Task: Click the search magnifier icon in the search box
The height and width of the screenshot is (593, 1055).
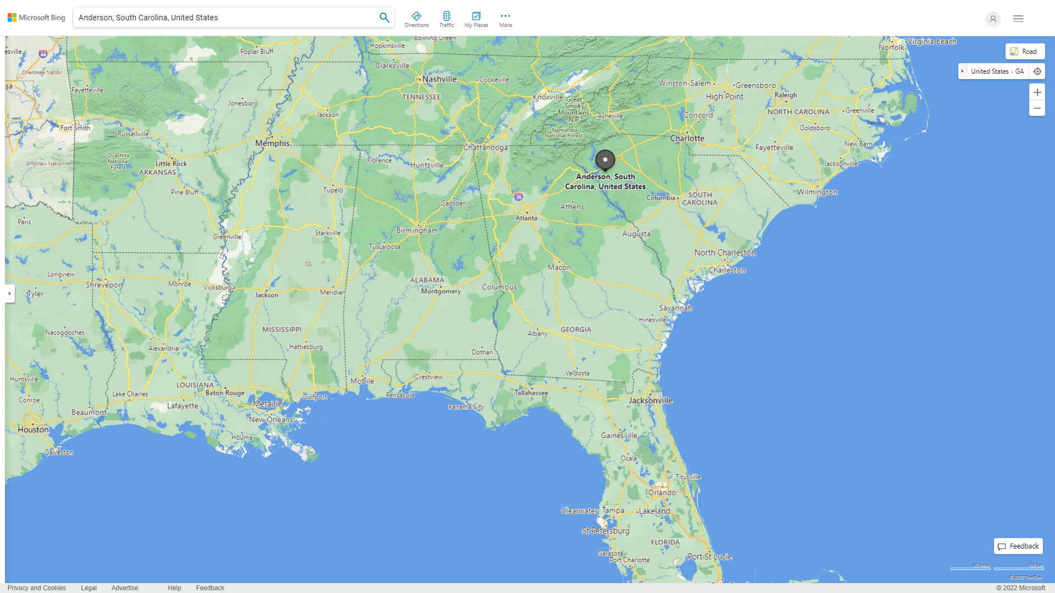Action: (384, 18)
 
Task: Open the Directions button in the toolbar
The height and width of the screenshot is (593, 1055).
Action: (417, 19)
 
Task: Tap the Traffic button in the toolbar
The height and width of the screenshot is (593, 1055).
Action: (446, 19)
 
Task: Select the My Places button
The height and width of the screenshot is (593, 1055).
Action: (476, 19)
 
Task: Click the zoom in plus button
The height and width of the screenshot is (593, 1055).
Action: (1037, 92)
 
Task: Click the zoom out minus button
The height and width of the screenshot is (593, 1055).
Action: (1037, 108)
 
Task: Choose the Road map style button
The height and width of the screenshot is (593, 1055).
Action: (1024, 52)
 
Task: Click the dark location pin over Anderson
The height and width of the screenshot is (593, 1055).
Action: (605, 160)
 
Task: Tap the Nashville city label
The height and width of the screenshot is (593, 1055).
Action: (439, 79)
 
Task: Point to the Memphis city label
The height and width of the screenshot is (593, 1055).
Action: (272, 143)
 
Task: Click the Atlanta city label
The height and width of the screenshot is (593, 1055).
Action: (526, 218)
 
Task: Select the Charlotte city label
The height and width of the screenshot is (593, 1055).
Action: (687, 138)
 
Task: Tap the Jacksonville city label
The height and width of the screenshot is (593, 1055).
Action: (651, 400)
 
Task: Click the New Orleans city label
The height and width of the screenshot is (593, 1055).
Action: (271, 419)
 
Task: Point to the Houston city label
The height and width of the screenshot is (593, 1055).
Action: (33, 429)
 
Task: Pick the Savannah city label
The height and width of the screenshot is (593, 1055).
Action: (675, 308)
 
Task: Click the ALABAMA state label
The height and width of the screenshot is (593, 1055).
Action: (426, 280)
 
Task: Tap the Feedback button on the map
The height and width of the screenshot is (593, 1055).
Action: (1018, 546)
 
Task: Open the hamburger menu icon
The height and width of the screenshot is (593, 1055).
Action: (1018, 19)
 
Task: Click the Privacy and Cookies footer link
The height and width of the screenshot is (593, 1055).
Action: (37, 588)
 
